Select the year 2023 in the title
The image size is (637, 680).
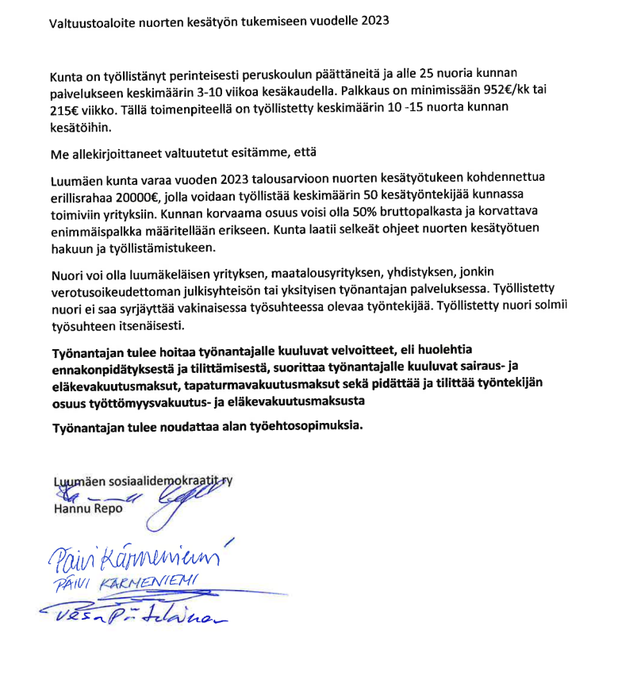point(373,21)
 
